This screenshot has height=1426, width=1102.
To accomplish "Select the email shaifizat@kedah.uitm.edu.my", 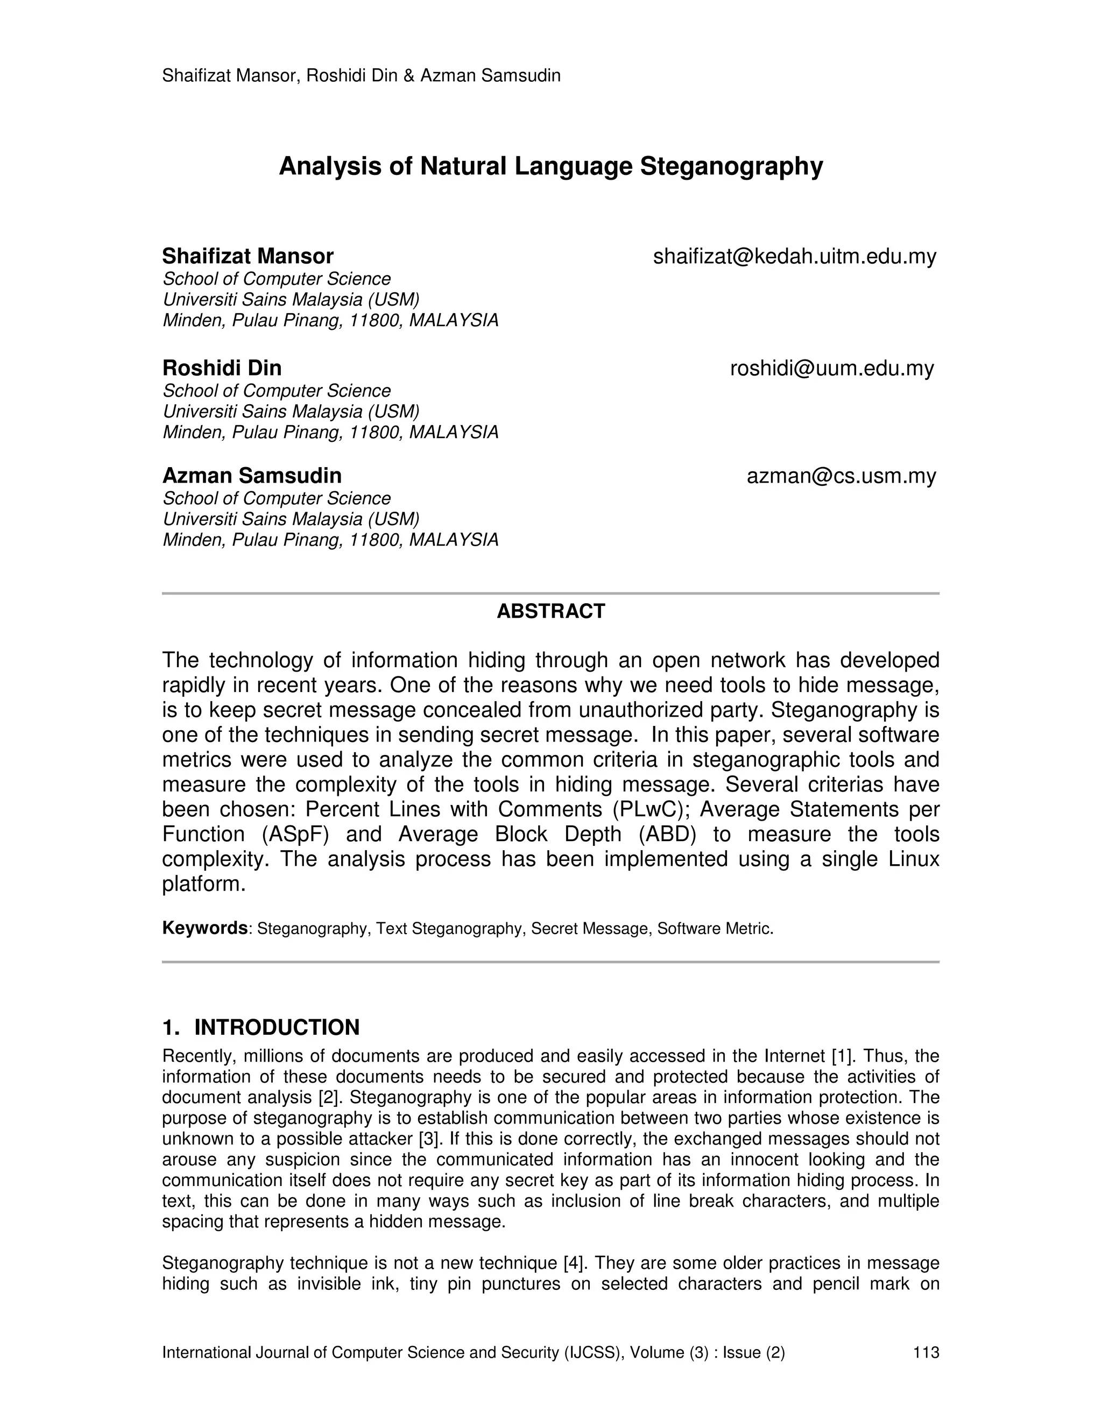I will [x=795, y=257].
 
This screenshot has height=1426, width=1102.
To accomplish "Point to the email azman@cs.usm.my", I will [x=841, y=476].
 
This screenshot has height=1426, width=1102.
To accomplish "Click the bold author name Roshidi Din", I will [x=222, y=368].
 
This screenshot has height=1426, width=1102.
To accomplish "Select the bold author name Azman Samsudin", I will [x=251, y=475].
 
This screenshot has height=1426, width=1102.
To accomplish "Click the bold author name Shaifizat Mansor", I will [x=248, y=256].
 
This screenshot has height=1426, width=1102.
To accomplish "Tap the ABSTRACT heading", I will [x=550, y=611].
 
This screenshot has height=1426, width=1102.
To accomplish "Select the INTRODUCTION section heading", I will [x=276, y=1027].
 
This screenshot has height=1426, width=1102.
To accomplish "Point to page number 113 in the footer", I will [x=926, y=1352].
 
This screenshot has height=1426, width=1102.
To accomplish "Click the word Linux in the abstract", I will [x=914, y=859].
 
